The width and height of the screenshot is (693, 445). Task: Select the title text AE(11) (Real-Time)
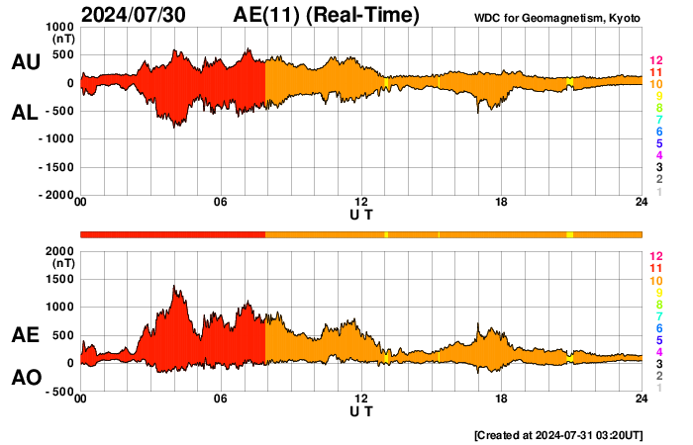327,15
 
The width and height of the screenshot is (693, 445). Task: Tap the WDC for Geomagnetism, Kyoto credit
556,18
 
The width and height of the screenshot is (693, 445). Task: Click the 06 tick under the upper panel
221,203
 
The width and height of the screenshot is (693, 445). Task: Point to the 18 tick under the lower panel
502,399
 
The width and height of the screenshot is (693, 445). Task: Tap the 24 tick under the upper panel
642,203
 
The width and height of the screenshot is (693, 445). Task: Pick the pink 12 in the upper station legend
655,60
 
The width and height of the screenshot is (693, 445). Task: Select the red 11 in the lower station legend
655,269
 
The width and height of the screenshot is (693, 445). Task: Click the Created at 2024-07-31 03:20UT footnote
557,435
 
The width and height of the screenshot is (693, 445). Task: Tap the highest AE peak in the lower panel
174,287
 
